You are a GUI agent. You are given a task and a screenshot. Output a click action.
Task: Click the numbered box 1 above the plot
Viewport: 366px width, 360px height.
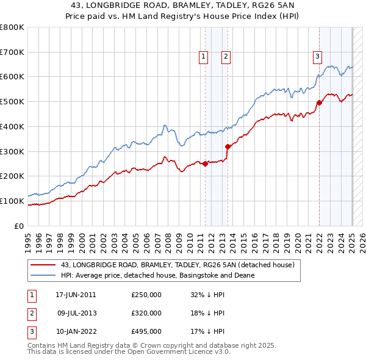[x=203, y=57]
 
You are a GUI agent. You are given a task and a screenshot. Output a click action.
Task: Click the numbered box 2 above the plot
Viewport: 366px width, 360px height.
[x=226, y=57]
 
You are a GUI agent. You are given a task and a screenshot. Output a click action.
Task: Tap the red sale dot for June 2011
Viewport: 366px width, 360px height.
[x=205, y=164]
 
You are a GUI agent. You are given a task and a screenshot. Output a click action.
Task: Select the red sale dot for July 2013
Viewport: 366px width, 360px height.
[x=228, y=146]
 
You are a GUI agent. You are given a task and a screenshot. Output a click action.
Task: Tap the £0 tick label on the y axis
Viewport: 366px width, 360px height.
[x=20, y=226]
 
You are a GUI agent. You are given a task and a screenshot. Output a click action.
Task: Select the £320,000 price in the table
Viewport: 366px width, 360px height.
[x=146, y=313]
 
